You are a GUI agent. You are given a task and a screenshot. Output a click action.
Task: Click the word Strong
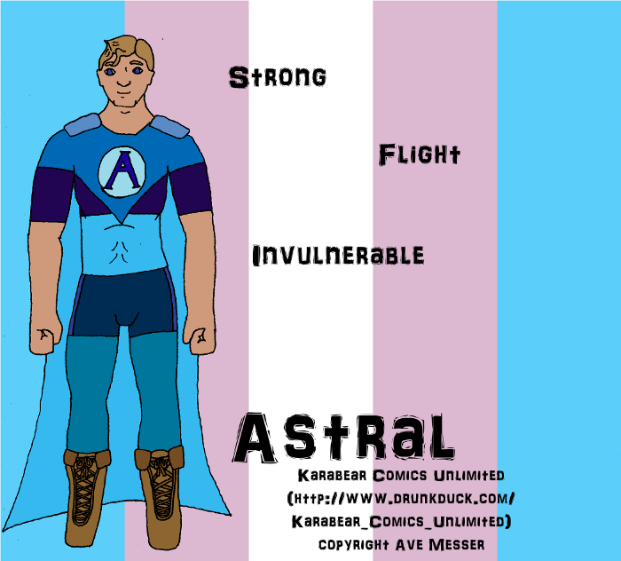tap(278, 77)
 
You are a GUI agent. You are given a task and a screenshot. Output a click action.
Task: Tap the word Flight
tap(420, 154)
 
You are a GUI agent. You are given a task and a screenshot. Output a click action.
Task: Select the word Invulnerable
tap(338, 255)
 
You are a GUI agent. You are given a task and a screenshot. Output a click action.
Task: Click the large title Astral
tap(344, 438)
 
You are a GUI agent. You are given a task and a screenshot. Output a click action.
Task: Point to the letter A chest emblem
tap(122, 171)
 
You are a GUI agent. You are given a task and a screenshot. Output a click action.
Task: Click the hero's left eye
tap(137, 71)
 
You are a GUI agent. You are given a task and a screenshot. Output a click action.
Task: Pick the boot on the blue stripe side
tap(86, 498)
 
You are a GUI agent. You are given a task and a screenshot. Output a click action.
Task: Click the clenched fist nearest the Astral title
tap(200, 340)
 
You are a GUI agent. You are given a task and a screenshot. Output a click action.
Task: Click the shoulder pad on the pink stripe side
tap(170, 126)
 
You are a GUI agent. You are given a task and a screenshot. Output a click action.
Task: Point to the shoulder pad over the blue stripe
tap(83, 124)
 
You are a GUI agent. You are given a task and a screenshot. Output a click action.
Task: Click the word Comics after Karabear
tap(400, 476)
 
